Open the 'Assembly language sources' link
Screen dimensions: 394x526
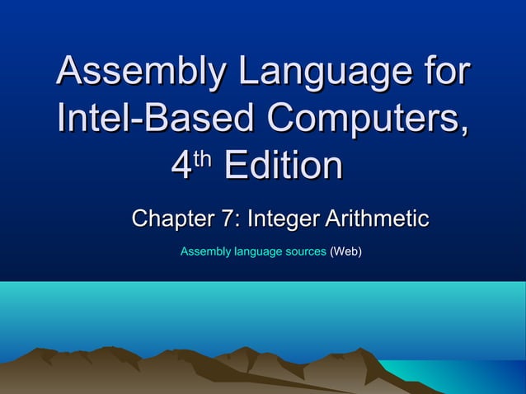[253, 251]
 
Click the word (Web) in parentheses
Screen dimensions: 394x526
[345, 251]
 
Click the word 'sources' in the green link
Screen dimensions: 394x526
[304, 251]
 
